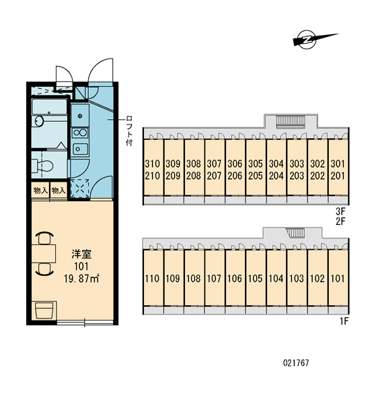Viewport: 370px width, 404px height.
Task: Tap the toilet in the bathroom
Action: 42,166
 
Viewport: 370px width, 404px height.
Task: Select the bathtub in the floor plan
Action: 48,106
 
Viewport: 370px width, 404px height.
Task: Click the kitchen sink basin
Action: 80,149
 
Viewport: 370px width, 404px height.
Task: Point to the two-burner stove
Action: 80,133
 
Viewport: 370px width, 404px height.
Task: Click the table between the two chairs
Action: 44,254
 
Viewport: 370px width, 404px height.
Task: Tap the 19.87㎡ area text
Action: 81,279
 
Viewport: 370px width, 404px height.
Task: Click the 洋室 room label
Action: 81,255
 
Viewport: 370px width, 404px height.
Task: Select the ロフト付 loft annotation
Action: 129,131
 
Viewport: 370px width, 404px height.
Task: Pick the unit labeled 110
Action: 152,279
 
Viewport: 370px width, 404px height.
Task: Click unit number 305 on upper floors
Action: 255,164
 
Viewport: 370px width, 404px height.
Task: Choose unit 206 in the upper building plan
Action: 235,176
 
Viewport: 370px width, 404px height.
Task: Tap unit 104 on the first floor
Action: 276,279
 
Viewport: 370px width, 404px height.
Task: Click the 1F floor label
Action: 344,321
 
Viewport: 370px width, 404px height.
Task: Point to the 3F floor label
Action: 340,211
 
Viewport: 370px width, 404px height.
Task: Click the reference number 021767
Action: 296,363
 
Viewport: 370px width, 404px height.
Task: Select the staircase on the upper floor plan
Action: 291,122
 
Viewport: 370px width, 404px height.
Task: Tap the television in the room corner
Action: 44,310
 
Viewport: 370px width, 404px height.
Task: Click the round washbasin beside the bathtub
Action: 40,121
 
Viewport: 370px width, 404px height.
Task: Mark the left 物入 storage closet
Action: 40,191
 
